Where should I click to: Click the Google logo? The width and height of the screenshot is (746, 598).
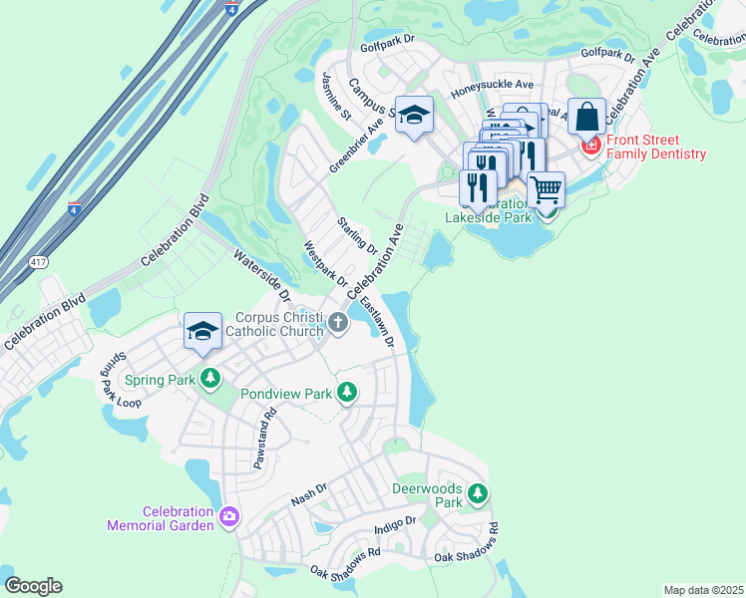pyautogui.click(x=33, y=586)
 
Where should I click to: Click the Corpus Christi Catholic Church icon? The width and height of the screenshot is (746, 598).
pyautogui.click(x=339, y=321)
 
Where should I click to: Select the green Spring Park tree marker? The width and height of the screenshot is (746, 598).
pyautogui.click(x=209, y=379)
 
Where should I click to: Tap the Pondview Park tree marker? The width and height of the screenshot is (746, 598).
pyautogui.click(x=347, y=393)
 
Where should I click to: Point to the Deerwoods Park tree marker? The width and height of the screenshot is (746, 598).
pyautogui.click(x=479, y=492)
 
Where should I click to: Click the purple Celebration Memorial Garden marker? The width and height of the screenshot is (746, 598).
pyautogui.click(x=229, y=515)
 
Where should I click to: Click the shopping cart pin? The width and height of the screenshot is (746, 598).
pyautogui.click(x=546, y=187)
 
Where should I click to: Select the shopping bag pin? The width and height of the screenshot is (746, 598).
pyautogui.click(x=587, y=117)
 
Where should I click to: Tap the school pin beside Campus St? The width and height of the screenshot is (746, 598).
pyautogui.click(x=414, y=116)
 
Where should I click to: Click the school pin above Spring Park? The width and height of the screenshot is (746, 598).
pyautogui.click(x=202, y=331)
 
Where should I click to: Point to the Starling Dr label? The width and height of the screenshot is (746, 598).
pyautogui.click(x=357, y=234)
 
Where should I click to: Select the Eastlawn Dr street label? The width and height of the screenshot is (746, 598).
pyautogui.click(x=378, y=321)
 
